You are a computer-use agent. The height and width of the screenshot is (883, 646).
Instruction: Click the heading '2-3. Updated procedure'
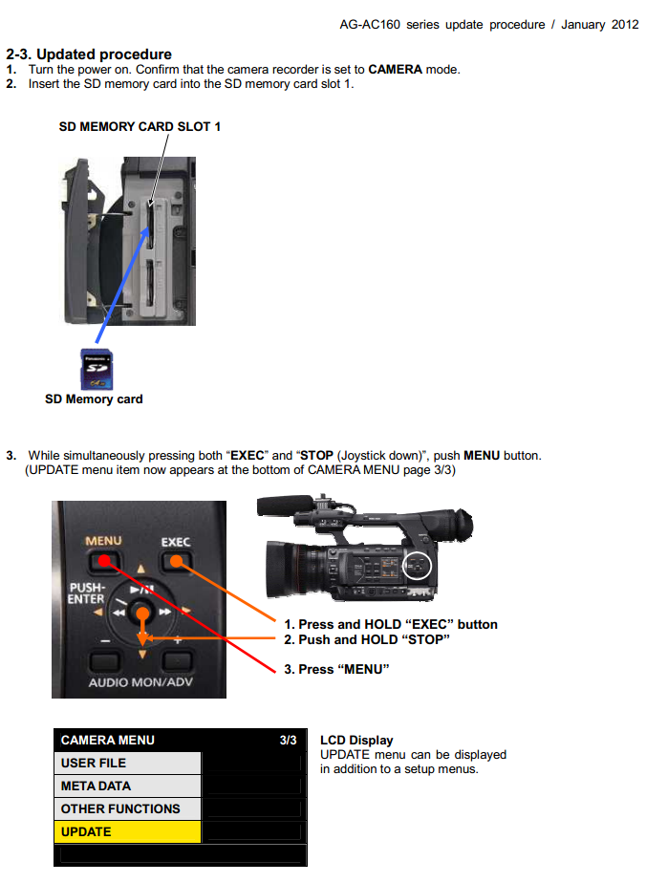coord(89,54)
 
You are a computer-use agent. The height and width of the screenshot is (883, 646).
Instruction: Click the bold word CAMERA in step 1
coord(395,70)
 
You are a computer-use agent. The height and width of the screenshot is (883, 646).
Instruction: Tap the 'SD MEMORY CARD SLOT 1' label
coord(140,126)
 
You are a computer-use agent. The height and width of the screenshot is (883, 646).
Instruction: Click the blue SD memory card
coord(95,369)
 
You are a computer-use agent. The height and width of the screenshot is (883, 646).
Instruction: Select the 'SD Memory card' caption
coord(94,399)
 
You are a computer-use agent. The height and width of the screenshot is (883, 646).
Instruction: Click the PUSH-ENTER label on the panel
coord(86,592)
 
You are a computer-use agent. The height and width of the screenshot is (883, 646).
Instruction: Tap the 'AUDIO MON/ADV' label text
coord(140,682)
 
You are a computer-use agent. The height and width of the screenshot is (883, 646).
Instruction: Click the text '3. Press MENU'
coord(336,669)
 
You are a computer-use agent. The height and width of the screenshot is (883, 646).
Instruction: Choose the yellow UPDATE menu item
coord(127,831)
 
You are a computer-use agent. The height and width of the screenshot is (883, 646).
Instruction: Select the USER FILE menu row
coord(127,763)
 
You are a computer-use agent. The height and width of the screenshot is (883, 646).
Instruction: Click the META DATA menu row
coord(127,786)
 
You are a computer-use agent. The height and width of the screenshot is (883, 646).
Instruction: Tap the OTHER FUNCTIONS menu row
coord(127,808)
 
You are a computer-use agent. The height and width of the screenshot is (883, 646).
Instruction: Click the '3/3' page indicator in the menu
coord(288,740)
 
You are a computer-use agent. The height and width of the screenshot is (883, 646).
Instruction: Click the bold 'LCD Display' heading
coord(356,740)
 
